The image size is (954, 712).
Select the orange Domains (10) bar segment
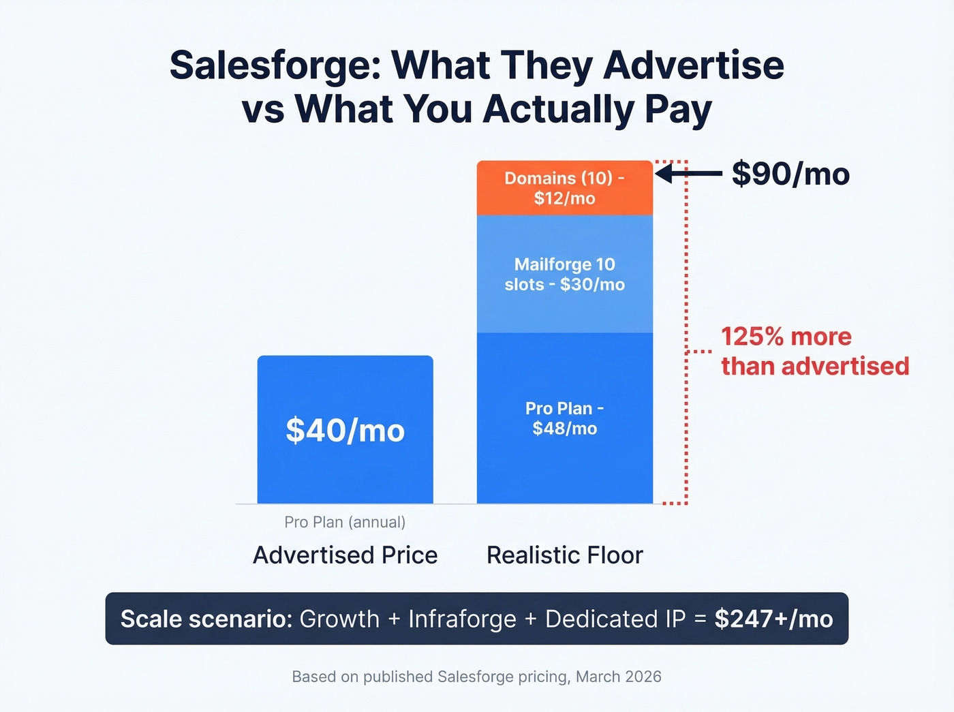click(564, 188)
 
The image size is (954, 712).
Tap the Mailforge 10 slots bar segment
click(564, 274)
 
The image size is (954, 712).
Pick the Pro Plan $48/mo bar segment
click(564, 418)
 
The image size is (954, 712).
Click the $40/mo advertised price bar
click(345, 430)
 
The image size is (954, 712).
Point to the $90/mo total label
click(790, 174)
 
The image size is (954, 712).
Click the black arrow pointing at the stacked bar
click(688, 174)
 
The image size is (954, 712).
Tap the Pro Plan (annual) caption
click(345, 522)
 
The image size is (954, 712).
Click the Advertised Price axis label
click(345, 555)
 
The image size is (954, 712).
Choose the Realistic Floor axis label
click(564, 555)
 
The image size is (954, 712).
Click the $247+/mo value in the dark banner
click(773, 619)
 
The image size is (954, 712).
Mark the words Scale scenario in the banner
click(206, 619)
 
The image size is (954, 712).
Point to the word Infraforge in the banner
click(462, 619)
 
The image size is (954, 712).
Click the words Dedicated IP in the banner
click(615, 619)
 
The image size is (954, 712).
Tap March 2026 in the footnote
click(619, 677)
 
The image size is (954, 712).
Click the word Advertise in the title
click(693, 65)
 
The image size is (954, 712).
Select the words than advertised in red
click(815, 367)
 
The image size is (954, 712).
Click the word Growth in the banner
click(339, 619)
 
